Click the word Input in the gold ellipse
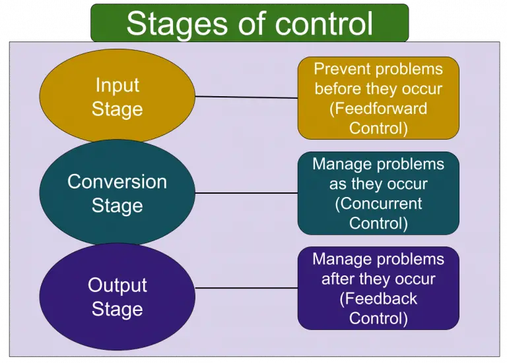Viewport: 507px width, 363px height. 118,85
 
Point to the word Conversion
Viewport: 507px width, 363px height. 118,181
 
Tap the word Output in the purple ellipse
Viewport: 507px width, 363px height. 118,285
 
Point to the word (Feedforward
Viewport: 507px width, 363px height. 378,108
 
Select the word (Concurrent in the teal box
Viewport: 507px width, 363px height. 378,204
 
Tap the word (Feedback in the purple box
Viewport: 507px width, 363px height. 378,298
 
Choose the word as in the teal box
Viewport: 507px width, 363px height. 338,184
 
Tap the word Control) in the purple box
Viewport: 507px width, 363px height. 378,318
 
